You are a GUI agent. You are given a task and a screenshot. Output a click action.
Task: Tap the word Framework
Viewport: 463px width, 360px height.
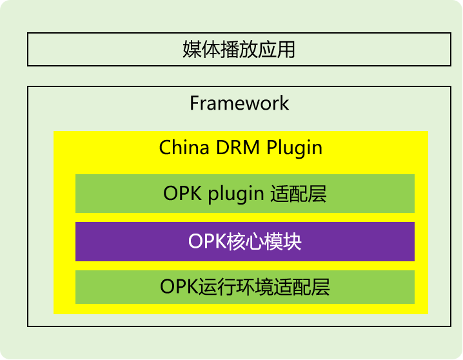239,103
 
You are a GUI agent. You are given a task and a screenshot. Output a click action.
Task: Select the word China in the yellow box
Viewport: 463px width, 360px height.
184,147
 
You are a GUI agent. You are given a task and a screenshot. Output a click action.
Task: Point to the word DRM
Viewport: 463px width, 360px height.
238,147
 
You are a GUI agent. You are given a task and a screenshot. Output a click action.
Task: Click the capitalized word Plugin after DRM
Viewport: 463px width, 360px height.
294,148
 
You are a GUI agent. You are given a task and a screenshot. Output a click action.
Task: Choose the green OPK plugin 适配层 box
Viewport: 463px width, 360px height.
245,194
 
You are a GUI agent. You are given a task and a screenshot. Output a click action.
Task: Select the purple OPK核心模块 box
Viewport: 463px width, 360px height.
245,241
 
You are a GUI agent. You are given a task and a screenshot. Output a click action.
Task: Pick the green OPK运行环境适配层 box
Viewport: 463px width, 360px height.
245,287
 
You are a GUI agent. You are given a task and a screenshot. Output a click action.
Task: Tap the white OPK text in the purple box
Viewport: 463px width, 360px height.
207,241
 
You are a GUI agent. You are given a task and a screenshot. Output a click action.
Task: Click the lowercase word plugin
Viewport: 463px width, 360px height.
236,195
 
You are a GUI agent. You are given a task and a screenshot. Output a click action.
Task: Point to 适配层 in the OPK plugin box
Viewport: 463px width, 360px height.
299,194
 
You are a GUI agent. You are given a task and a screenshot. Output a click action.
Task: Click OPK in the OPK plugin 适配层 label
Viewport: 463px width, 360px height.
182,194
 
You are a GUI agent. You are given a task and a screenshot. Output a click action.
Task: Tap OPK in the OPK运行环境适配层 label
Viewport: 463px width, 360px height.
179,286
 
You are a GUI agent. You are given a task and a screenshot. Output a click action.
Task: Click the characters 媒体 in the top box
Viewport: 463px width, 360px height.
202,49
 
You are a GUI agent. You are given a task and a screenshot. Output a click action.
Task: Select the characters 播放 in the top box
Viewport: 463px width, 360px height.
239,49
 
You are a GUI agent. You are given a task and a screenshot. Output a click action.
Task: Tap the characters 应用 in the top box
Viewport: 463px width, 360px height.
277,49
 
